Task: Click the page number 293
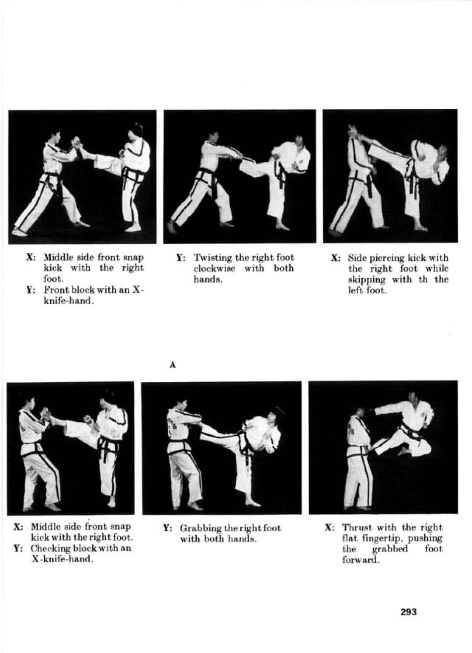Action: (x=409, y=612)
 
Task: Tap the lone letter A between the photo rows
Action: (x=173, y=365)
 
